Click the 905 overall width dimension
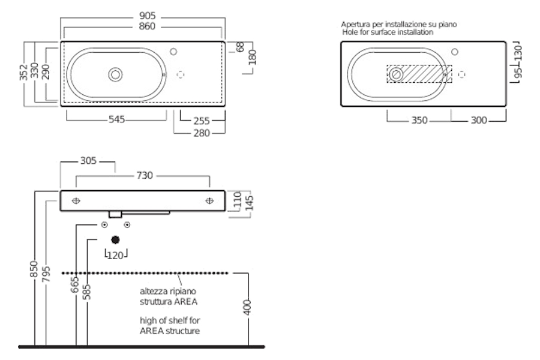[x=142, y=16]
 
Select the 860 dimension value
[x=142, y=27]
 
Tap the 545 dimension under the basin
[x=116, y=119]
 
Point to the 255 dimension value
[x=201, y=121]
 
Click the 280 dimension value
[x=201, y=133]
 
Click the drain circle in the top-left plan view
[x=115, y=74]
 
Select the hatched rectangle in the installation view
[x=419, y=74]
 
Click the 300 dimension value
[x=478, y=121]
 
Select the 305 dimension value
[x=88, y=161]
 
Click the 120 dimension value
[x=115, y=255]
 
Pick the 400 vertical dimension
[x=248, y=308]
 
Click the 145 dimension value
[x=248, y=203]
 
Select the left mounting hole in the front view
[x=76, y=201]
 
